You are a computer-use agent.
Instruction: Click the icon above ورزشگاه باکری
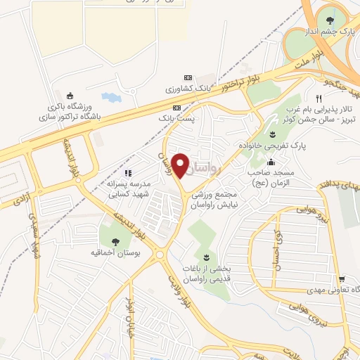click(x=69, y=96)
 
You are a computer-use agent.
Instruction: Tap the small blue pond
click(x=110, y=96)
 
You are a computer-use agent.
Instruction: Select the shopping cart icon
click(x=341, y=278)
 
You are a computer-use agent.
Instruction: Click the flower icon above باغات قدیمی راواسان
click(x=206, y=256)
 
